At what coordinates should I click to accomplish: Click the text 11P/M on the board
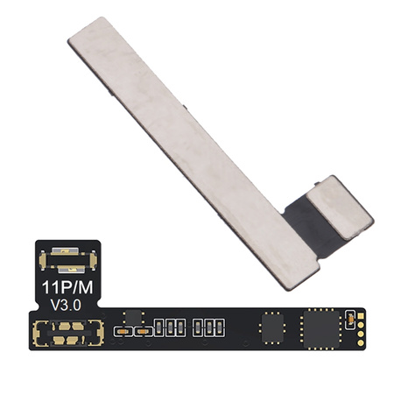pyautogui.click(x=67, y=287)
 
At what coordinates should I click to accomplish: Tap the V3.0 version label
pyautogui.click(x=66, y=306)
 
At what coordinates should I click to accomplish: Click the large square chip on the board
pyautogui.click(x=321, y=329)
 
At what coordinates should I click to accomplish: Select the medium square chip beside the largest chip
pyautogui.click(x=272, y=327)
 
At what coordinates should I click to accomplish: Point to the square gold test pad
pyautogui.click(x=361, y=316)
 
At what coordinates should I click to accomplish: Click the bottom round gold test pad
pyautogui.click(x=361, y=342)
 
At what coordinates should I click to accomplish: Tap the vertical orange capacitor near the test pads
pyautogui.click(x=350, y=320)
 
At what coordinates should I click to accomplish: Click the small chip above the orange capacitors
pyautogui.click(x=133, y=317)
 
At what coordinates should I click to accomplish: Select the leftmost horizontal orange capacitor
pyautogui.click(x=123, y=332)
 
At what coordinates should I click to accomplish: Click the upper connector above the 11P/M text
pyautogui.click(x=67, y=260)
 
